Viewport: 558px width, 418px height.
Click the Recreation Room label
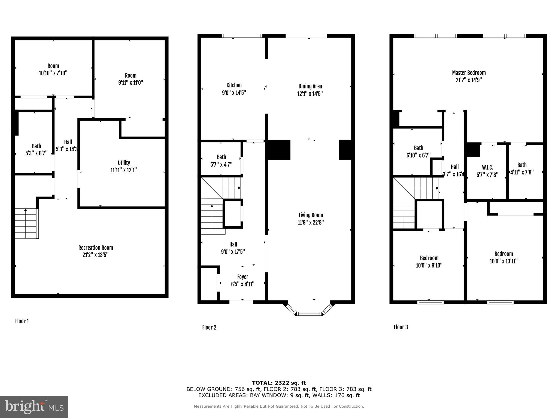click(x=96, y=248)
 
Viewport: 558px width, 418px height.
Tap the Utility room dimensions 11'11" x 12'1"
click(x=123, y=170)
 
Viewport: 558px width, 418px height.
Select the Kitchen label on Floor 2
click(x=234, y=85)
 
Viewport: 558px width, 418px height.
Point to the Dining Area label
click(x=310, y=86)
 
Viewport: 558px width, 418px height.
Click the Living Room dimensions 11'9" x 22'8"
click(x=311, y=222)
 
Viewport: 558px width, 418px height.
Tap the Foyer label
click(x=242, y=277)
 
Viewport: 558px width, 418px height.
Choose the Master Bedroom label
click(x=469, y=73)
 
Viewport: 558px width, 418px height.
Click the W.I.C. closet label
click(x=487, y=167)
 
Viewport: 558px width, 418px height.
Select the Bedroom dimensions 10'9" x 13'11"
click(x=504, y=261)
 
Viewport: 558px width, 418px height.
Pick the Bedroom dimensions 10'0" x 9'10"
click(x=429, y=265)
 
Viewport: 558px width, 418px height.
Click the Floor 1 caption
click(x=22, y=321)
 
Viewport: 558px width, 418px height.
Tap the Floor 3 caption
click(x=401, y=327)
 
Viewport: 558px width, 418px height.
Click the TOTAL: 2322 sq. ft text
click(x=279, y=383)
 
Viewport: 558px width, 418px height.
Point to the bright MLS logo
click(x=34, y=407)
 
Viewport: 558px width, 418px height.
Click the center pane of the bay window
click(x=309, y=314)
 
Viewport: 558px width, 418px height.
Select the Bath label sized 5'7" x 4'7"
click(x=221, y=157)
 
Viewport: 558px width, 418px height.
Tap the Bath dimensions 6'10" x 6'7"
click(x=418, y=155)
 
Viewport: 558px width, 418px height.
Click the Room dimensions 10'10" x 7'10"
click(x=53, y=73)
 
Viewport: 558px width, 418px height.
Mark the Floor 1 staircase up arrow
click(x=25, y=210)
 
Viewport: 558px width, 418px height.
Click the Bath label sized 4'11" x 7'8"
click(x=522, y=165)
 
